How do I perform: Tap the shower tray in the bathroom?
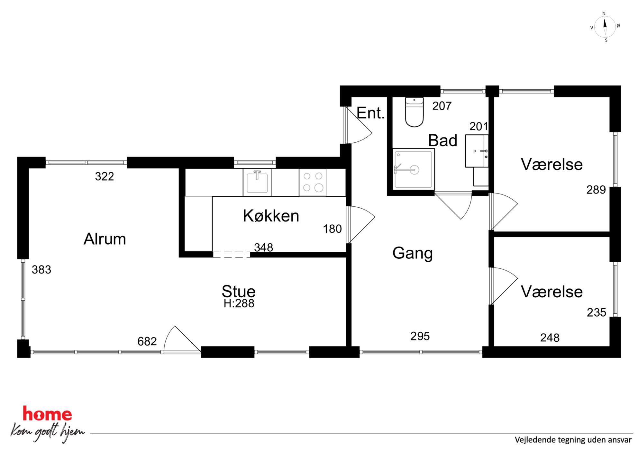pyautogui.click(x=414, y=169)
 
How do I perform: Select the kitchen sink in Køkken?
pyautogui.click(x=257, y=182)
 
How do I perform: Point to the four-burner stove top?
pyautogui.click(x=313, y=182)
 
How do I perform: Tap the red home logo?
pyautogui.click(x=47, y=414)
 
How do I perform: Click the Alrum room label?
pyautogui.click(x=105, y=239)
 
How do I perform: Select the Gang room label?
pyautogui.click(x=413, y=253)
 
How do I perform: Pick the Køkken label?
pyautogui.click(x=271, y=216)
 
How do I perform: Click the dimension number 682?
pyautogui.click(x=147, y=341)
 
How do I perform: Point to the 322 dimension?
pyautogui.click(x=105, y=176)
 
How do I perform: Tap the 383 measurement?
pyautogui.click(x=41, y=270)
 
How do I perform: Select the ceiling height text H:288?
pyautogui.click(x=239, y=303)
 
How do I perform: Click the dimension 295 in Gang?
pyautogui.click(x=420, y=336)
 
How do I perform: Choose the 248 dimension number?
pyautogui.click(x=550, y=338)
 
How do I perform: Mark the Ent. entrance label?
pyautogui.click(x=371, y=113)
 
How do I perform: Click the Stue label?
pyautogui.click(x=239, y=291)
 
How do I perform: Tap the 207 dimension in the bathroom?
pyautogui.click(x=442, y=106)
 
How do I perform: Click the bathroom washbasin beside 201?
pyautogui.click(x=477, y=151)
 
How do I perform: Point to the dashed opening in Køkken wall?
pyautogui.click(x=232, y=255)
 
